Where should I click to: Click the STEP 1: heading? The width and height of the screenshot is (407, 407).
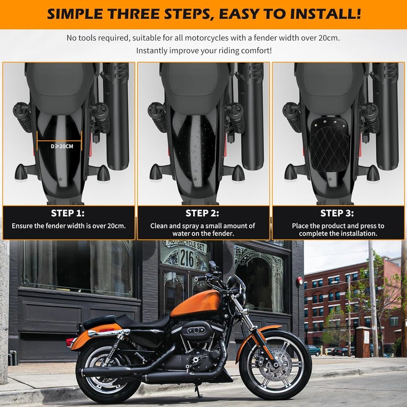tap(68, 213)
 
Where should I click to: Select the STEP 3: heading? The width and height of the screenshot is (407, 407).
tap(337, 213)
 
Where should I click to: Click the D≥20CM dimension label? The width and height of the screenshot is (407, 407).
tap(59, 146)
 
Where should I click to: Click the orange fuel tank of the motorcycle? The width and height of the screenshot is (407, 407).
tap(196, 304)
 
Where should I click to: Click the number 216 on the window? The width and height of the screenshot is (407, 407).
tap(187, 260)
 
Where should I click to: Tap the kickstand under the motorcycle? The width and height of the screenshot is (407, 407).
tap(197, 391)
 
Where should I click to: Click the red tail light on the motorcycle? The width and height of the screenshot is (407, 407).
tap(70, 341)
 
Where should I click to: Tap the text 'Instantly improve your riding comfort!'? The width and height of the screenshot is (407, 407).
tap(203, 51)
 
